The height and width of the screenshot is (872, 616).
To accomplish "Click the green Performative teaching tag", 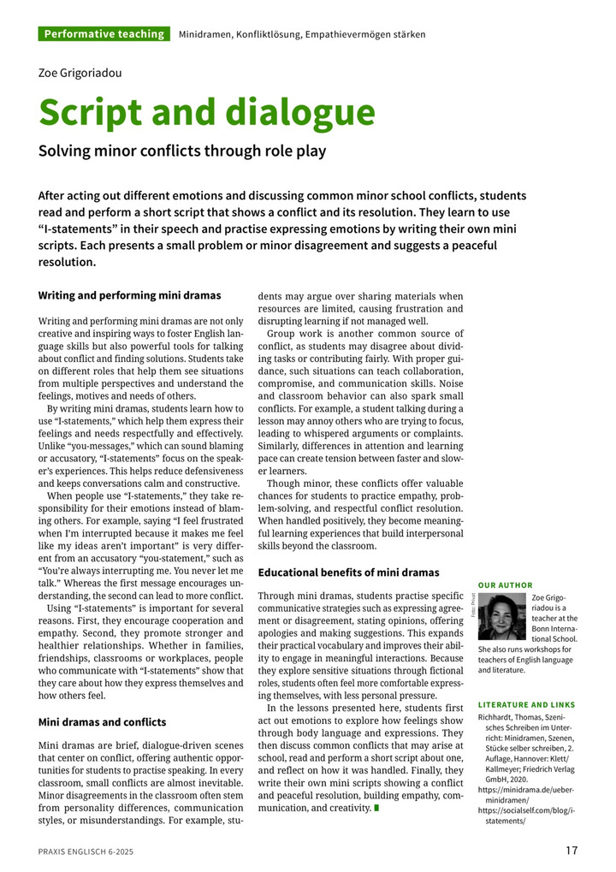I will click(104, 34).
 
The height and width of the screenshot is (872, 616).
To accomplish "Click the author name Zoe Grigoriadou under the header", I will click(80, 73).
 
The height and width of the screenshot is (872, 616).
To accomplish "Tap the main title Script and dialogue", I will click(206, 113).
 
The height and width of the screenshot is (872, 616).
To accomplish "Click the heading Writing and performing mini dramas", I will click(129, 295).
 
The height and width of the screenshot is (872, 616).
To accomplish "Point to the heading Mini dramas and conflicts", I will click(102, 721).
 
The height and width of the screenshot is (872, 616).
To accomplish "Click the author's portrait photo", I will click(503, 616).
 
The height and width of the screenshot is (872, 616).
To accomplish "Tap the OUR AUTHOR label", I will click(505, 585).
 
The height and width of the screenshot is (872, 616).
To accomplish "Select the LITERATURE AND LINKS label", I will click(525, 704).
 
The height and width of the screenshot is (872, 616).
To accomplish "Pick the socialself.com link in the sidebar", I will click(525, 815).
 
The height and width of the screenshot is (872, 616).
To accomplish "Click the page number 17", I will click(572, 851).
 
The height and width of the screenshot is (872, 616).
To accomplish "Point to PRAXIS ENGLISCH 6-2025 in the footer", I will click(86, 851).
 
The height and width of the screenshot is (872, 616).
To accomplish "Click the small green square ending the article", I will click(376, 807).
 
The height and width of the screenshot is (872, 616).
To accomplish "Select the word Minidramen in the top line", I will click(207, 34).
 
